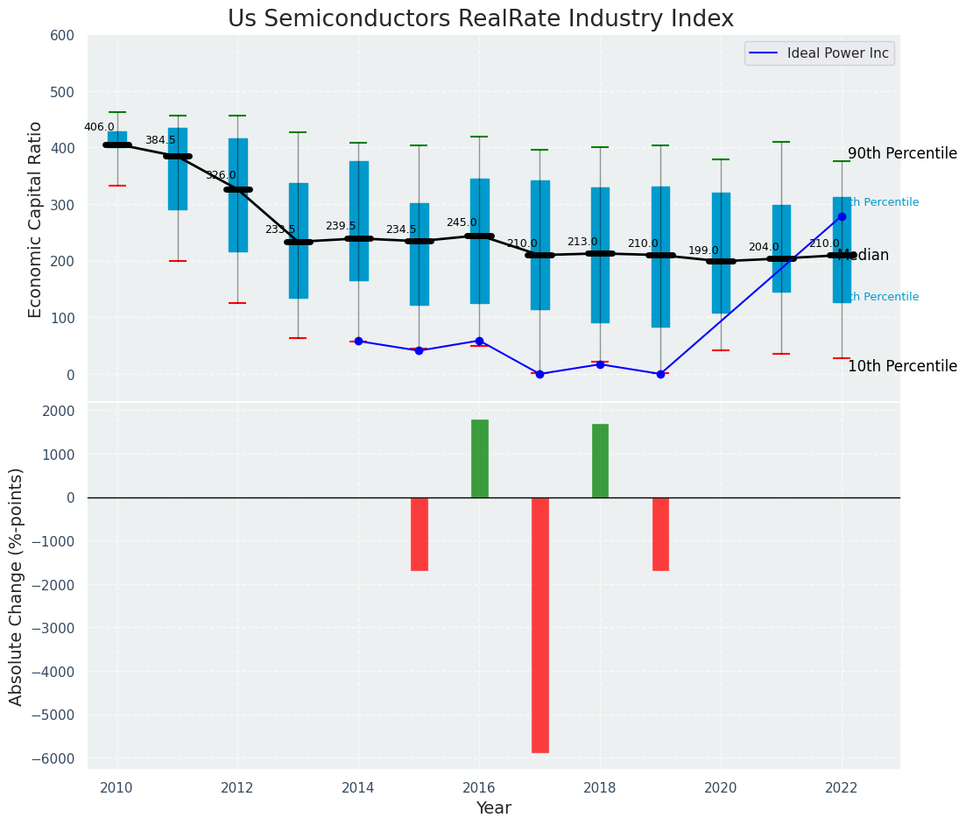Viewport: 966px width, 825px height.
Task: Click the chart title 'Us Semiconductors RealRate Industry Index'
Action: tap(480, 19)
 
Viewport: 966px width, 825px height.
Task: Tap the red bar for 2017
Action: tap(540, 624)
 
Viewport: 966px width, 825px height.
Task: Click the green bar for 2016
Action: tap(479, 458)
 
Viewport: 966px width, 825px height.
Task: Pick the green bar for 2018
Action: tap(600, 461)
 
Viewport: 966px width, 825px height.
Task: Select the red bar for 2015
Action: tap(420, 534)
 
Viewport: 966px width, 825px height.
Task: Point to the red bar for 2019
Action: tap(660, 534)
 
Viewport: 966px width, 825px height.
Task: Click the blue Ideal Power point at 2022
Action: tap(842, 216)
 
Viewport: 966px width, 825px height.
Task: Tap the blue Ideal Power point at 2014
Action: tap(358, 341)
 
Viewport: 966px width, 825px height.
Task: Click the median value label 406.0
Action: tap(99, 127)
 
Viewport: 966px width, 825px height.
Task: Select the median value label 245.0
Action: tap(462, 222)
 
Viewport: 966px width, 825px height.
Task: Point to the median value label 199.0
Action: tap(703, 250)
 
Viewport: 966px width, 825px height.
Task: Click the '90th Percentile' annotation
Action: tap(902, 153)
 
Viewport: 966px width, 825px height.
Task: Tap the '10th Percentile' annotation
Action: tap(902, 366)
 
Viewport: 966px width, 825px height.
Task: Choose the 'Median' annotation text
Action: tap(864, 256)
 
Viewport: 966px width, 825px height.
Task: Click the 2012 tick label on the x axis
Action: tap(237, 788)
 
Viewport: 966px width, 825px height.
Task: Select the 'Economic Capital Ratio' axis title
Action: tap(36, 219)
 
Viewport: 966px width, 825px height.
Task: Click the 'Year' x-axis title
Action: tap(493, 808)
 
